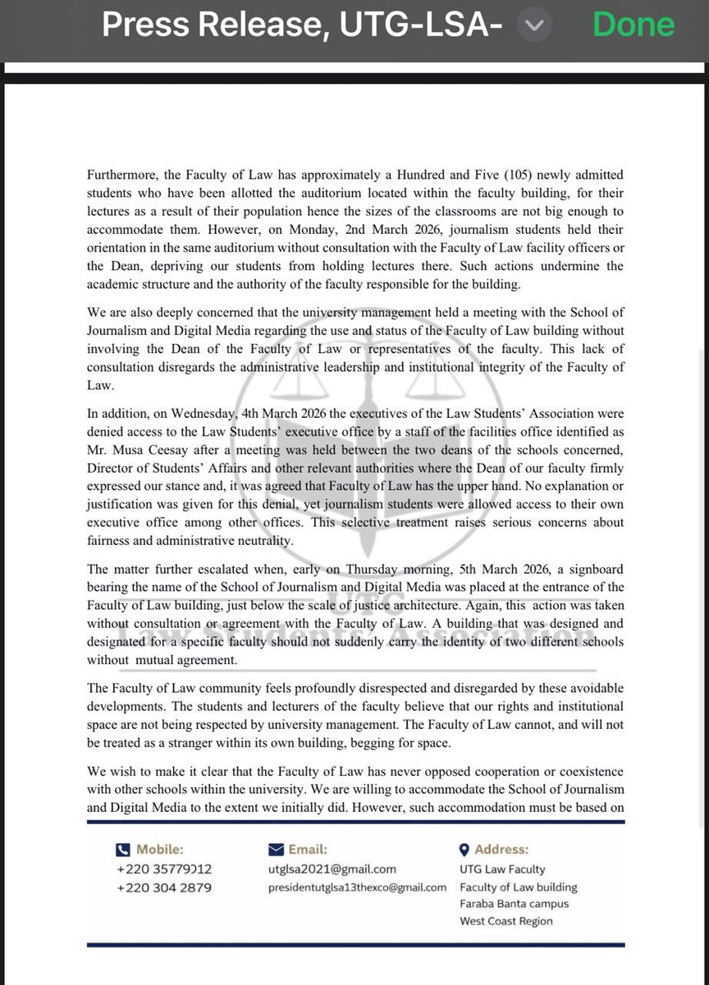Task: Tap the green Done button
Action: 634,25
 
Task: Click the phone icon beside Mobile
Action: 123,850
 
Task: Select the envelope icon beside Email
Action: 276,850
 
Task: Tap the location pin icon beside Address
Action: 464,850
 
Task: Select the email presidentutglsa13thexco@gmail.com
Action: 357,887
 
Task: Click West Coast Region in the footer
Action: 506,921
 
